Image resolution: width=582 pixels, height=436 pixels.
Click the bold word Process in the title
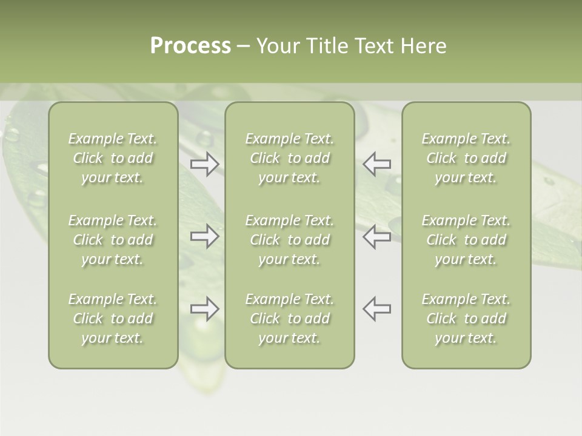pos(190,46)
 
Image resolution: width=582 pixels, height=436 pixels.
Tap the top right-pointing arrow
pos(204,164)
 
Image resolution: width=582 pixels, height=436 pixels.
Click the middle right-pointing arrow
pos(204,236)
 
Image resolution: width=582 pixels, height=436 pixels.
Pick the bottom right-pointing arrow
pos(204,309)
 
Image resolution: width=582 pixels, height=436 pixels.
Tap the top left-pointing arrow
pos(377,164)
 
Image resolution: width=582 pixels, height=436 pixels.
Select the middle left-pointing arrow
pos(377,236)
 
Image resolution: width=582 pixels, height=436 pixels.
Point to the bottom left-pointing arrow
pos(377,309)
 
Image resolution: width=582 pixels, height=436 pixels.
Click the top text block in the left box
pos(113,158)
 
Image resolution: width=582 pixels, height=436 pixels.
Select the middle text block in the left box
pos(113,240)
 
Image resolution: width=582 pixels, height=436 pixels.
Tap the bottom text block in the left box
pos(113,319)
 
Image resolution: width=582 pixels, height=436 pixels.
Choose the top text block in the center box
pos(290,158)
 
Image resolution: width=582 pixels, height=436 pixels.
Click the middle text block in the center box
pos(290,240)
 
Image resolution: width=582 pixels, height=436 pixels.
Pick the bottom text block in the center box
pos(290,319)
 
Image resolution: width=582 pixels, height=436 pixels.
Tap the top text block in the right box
pos(466,158)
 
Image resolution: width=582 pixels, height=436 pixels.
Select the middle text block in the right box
pos(466,240)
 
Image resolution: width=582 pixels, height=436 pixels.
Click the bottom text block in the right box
pos(466,319)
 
